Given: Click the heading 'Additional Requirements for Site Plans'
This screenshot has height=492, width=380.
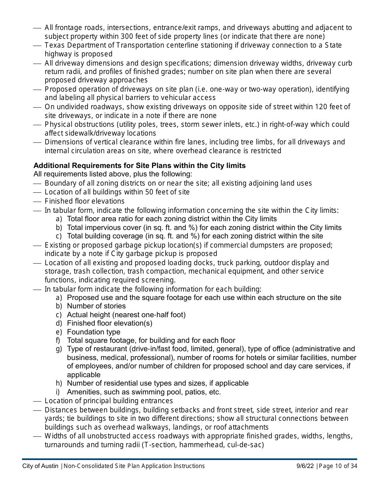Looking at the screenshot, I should pyautogui.click(x=140, y=166).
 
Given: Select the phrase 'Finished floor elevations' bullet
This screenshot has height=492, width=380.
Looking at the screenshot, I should pyautogui.click(x=84, y=201).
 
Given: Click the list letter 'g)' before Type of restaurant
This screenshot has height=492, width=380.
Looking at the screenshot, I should pyautogui.click(x=59, y=349).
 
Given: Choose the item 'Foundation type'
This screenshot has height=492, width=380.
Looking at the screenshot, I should pyautogui.click(x=94, y=332).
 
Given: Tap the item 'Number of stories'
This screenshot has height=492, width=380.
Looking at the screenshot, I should pyautogui.click(x=96, y=306).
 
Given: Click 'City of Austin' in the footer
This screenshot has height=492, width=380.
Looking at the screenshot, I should pyautogui.click(x=40, y=466).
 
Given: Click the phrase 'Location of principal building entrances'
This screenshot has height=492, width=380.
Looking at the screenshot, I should pyautogui.click(x=109, y=401).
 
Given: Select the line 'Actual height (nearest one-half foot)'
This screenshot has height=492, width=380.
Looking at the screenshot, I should pyautogui.click(x=126, y=315).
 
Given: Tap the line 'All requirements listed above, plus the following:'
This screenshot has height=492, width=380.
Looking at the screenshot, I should pyautogui.click(x=113, y=174).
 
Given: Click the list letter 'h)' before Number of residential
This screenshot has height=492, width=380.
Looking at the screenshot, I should pyautogui.click(x=59, y=383).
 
